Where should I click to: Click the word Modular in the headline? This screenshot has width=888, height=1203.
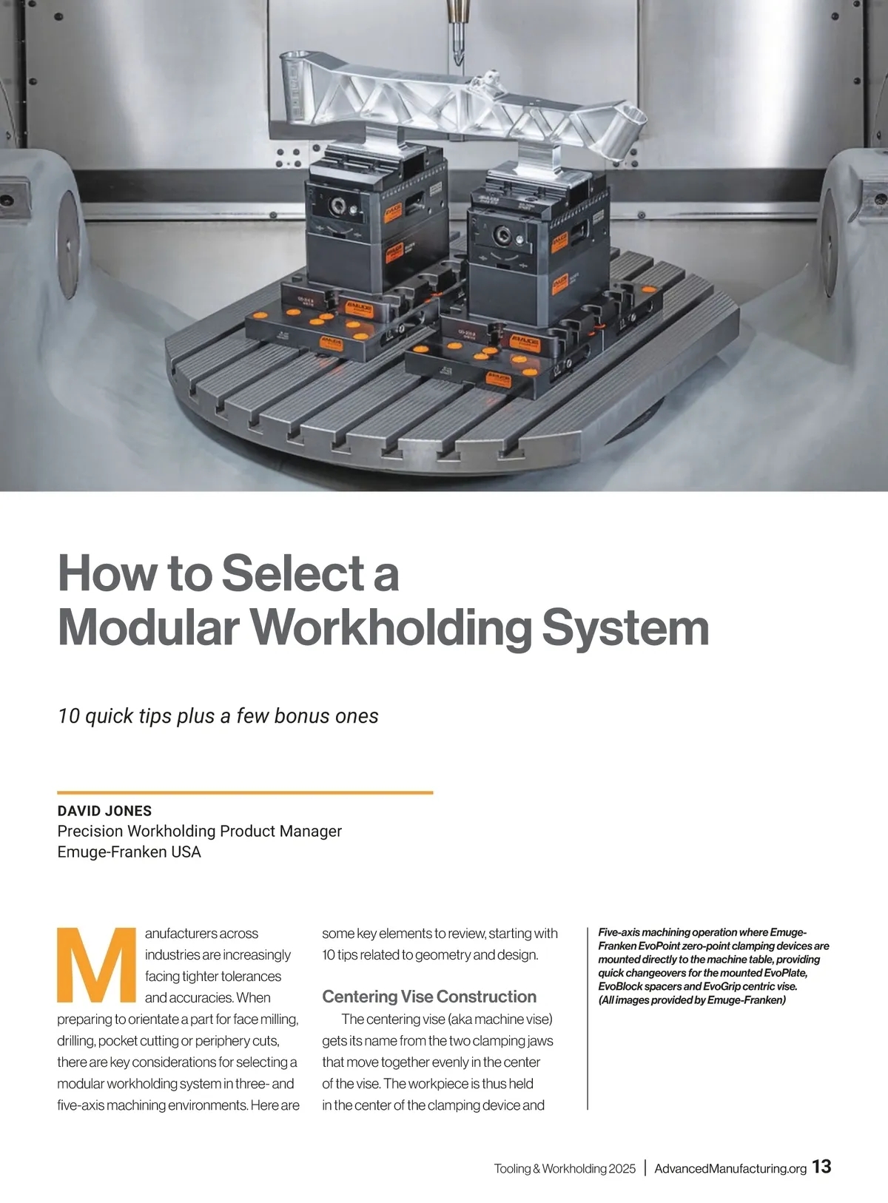click(x=148, y=627)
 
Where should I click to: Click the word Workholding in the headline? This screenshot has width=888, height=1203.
click(x=390, y=627)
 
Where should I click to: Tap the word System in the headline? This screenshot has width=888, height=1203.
click(x=625, y=627)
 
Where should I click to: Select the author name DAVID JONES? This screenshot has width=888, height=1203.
click(x=104, y=811)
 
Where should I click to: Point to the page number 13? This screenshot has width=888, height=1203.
click(x=821, y=1167)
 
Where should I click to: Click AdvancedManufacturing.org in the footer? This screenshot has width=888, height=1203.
click(x=730, y=1168)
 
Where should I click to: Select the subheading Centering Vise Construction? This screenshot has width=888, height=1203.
click(x=429, y=997)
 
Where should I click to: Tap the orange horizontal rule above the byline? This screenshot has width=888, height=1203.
click(x=245, y=792)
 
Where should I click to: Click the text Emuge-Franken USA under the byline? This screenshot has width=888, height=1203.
click(x=129, y=852)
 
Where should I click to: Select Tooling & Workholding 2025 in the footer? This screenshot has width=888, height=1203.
click(x=565, y=1168)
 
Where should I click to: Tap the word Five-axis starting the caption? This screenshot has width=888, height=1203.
click(x=619, y=932)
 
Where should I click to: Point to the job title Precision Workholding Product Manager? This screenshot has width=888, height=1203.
click(x=199, y=832)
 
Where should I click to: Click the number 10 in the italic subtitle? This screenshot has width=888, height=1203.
click(x=68, y=716)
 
